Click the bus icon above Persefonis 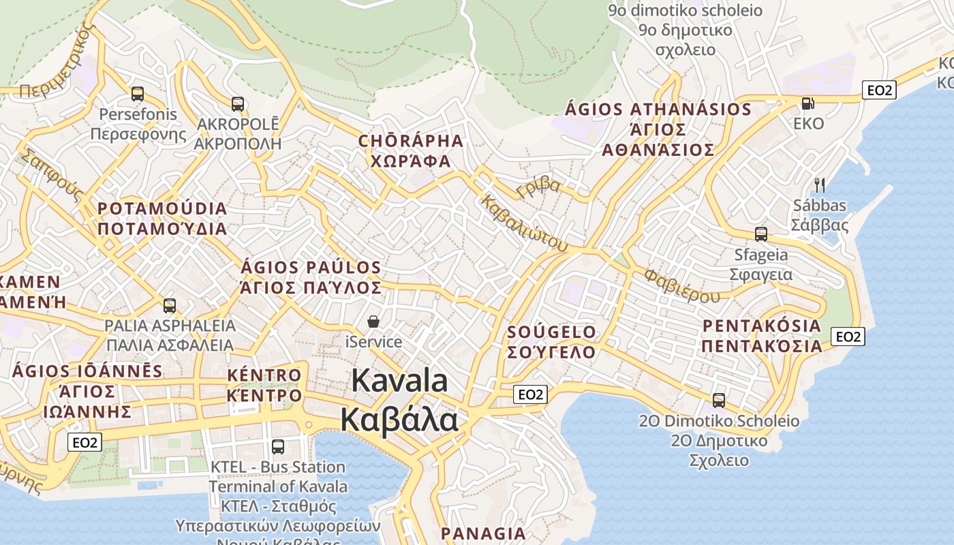(138, 94)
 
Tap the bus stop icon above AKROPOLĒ (238, 104)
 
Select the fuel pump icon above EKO (808, 104)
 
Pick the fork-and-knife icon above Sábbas (820, 185)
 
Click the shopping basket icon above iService (373, 322)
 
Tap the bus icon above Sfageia (761, 234)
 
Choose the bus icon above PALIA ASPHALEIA (170, 305)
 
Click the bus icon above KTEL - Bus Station (278, 447)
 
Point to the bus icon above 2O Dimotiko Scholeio (719, 401)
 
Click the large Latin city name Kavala (400, 381)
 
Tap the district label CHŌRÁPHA (411, 142)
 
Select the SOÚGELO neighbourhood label (552, 332)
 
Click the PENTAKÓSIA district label (762, 326)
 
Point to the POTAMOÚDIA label (162, 208)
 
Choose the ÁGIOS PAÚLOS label (311, 267)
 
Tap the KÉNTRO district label (264, 375)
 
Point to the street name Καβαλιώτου (524, 222)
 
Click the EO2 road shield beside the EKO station (878, 90)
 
